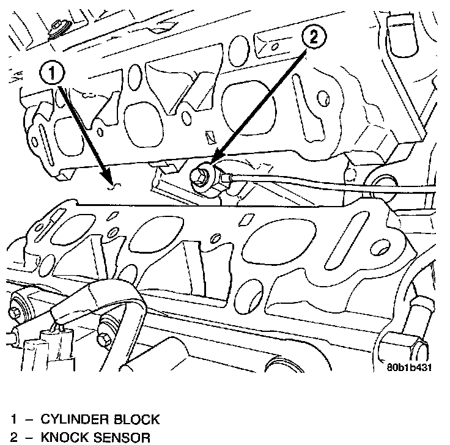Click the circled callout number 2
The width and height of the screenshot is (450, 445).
click(x=314, y=37)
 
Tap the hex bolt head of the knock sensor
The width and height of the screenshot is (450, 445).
click(x=199, y=175)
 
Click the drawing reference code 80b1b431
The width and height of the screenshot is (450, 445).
click(x=409, y=367)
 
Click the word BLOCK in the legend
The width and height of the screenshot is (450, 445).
click(x=136, y=419)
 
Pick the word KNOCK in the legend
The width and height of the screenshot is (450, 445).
click(x=65, y=438)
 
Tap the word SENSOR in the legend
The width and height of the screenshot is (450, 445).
click(x=122, y=438)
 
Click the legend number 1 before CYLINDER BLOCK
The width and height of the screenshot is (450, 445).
click(x=14, y=419)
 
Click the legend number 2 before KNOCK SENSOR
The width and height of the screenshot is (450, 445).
click(x=14, y=438)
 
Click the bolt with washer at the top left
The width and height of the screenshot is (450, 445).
click(x=59, y=29)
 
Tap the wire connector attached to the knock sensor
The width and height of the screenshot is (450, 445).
click(x=227, y=178)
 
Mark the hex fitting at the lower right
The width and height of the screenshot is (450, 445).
click(x=401, y=344)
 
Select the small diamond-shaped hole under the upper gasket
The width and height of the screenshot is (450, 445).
click(x=210, y=137)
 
